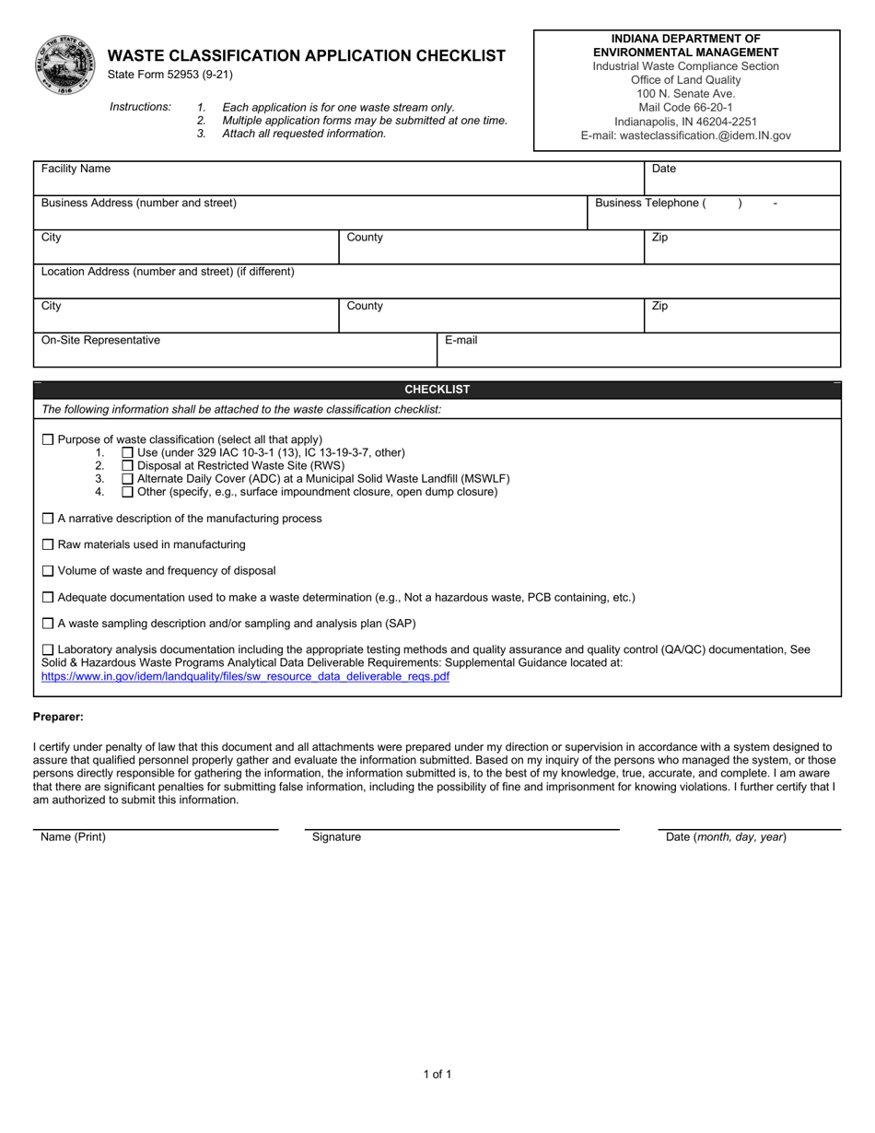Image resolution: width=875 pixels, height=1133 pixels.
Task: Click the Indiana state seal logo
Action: pyautogui.click(x=65, y=64)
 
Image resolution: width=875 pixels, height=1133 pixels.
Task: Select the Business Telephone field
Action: pyautogui.click(x=714, y=212)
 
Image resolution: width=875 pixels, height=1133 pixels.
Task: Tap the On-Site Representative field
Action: pyautogui.click(x=235, y=350)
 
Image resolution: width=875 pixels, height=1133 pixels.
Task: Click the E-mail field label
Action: pyautogui.click(x=461, y=340)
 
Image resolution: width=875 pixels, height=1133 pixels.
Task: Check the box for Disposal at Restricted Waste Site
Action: pyautogui.click(x=128, y=466)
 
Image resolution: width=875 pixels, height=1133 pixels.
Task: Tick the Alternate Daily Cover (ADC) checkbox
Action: pyautogui.click(x=128, y=479)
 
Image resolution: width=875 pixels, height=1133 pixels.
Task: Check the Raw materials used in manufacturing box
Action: pyautogui.click(x=48, y=545)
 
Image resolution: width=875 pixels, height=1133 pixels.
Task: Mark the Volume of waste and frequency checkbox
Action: pyautogui.click(x=48, y=571)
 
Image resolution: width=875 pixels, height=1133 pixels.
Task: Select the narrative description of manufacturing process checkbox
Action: pyautogui.click(x=48, y=519)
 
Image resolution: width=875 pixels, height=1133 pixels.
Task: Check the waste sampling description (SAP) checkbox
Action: pyautogui.click(x=48, y=624)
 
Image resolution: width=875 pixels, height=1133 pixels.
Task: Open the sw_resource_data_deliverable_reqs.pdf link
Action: pyautogui.click(x=245, y=676)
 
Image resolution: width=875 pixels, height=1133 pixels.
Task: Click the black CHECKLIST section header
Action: pyautogui.click(x=437, y=390)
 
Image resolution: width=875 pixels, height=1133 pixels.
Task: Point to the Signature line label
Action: pyautogui.click(x=336, y=837)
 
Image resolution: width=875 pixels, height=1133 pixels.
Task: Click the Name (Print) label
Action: pyautogui.click(x=74, y=837)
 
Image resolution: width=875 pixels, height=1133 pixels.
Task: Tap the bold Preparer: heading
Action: pyautogui.click(x=58, y=717)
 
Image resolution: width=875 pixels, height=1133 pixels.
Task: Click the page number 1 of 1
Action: pyautogui.click(x=437, y=1074)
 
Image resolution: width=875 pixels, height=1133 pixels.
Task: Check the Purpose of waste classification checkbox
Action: pyautogui.click(x=48, y=440)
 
